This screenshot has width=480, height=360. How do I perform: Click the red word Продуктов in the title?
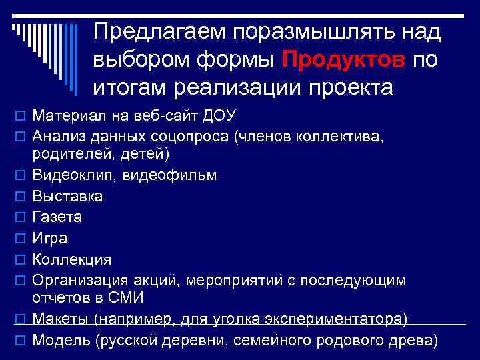(x=343, y=59)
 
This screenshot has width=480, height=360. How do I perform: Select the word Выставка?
(x=67, y=197)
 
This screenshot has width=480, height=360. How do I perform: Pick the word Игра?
(x=50, y=238)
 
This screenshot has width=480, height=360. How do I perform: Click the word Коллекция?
(x=72, y=259)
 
